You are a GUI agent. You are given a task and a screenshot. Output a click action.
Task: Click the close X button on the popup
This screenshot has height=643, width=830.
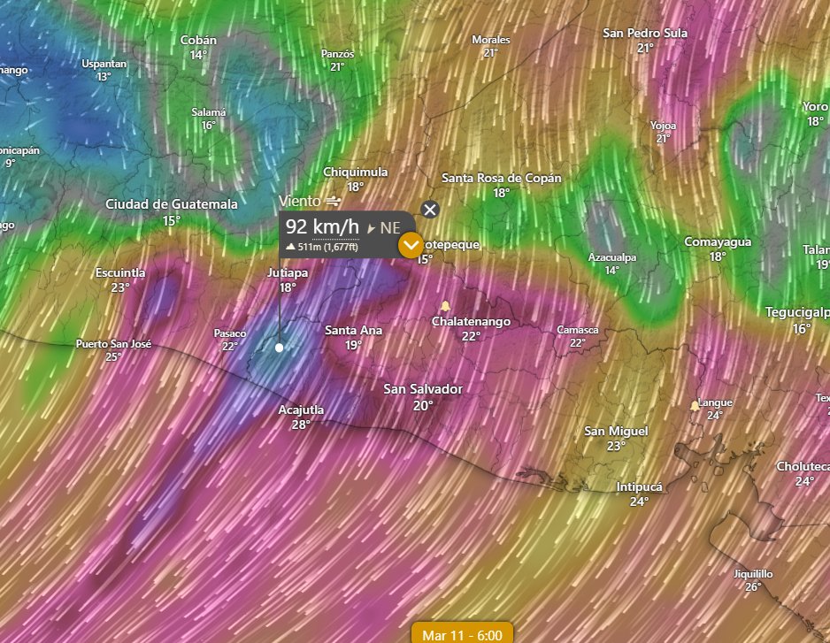click(430, 210)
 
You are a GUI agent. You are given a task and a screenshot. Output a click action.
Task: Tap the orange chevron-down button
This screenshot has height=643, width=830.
click(411, 245)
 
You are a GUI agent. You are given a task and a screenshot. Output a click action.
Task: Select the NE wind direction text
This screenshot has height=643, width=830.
click(390, 227)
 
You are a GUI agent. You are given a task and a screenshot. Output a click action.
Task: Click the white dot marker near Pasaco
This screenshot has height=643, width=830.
click(280, 348)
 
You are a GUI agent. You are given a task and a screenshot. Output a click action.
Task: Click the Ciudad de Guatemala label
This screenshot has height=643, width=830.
click(172, 204)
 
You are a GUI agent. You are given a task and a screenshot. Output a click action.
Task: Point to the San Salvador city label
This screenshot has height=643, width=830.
click(423, 389)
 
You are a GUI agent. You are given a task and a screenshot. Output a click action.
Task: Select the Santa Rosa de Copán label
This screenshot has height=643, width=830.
click(502, 178)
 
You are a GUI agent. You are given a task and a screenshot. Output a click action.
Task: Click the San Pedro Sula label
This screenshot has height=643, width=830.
click(645, 33)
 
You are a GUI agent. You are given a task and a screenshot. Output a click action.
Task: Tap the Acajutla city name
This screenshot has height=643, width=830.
click(301, 410)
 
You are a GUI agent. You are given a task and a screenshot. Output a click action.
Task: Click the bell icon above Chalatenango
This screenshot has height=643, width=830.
click(445, 306)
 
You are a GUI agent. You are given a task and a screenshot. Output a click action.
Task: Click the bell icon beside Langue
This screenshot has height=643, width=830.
click(695, 405)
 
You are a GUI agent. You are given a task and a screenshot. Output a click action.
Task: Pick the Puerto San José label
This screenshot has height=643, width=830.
click(113, 343)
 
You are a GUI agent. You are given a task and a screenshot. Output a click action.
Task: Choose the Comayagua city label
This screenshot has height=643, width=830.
click(718, 241)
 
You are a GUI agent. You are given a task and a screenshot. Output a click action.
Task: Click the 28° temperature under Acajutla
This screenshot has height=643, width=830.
click(301, 425)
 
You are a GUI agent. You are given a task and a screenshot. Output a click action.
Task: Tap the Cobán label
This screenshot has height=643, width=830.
click(198, 40)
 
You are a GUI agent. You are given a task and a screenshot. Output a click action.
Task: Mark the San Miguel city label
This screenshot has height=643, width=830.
click(616, 431)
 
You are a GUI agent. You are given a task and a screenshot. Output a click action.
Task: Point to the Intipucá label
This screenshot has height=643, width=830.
click(639, 486)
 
